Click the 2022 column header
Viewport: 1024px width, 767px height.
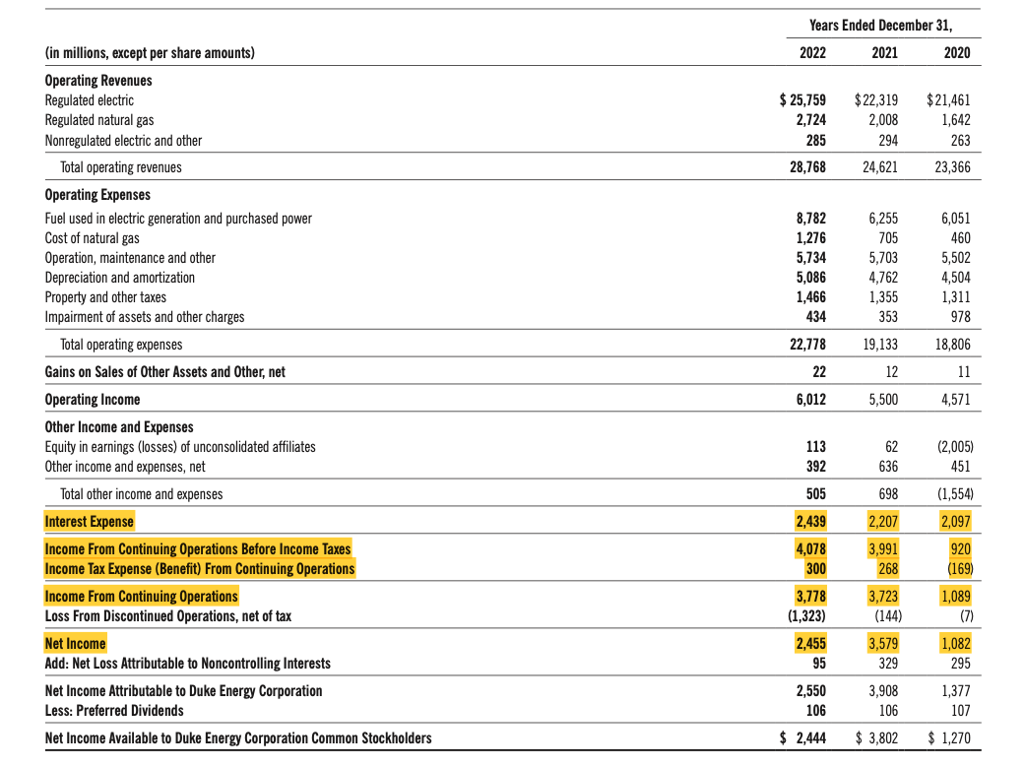pyautogui.click(x=811, y=53)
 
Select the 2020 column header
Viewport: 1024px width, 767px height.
pyautogui.click(x=956, y=53)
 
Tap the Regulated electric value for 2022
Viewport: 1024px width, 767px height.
pyautogui.click(x=802, y=100)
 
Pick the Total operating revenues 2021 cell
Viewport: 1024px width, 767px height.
pyautogui.click(x=878, y=167)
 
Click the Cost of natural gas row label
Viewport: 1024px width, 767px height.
pyautogui.click(x=93, y=238)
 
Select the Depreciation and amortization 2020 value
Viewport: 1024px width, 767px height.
pyautogui.click(x=954, y=278)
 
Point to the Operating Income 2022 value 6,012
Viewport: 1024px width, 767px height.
pyautogui.click(x=809, y=400)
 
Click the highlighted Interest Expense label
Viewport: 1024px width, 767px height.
pyautogui.click(x=90, y=521)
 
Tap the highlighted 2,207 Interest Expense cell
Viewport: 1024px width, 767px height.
pyautogui.click(x=882, y=521)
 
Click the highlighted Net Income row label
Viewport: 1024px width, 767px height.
pyautogui.click(x=76, y=644)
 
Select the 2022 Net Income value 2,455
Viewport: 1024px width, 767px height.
pyautogui.click(x=809, y=644)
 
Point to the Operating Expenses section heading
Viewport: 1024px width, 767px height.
pyautogui.click(x=96, y=195)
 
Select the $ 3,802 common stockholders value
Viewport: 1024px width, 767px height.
pyautogui.click(x=876, y=737)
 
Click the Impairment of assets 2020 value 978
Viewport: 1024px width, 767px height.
pyautogui.click(x=958, y=317)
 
